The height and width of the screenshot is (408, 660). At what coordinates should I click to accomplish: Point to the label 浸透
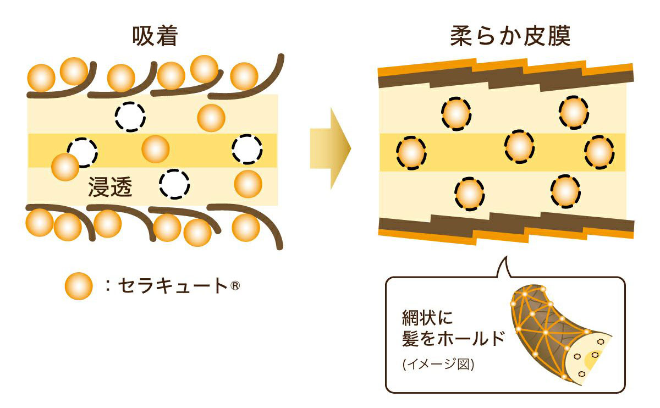(x=110, y=188)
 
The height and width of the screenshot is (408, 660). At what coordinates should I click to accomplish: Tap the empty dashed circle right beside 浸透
(x=174, y=183)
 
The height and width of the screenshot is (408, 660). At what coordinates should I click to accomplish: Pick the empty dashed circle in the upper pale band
(x=130, y=116)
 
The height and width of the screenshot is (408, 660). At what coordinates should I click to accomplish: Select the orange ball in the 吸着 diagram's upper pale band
(x=211, y=117)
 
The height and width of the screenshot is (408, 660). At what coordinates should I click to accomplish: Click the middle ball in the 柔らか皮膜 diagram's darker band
(x=519, y=146)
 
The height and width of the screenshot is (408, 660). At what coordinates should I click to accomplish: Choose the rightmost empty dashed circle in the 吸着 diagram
(x=246, y=148)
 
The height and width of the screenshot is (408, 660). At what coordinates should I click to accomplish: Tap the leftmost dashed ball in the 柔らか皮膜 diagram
(x=411, y=152)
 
